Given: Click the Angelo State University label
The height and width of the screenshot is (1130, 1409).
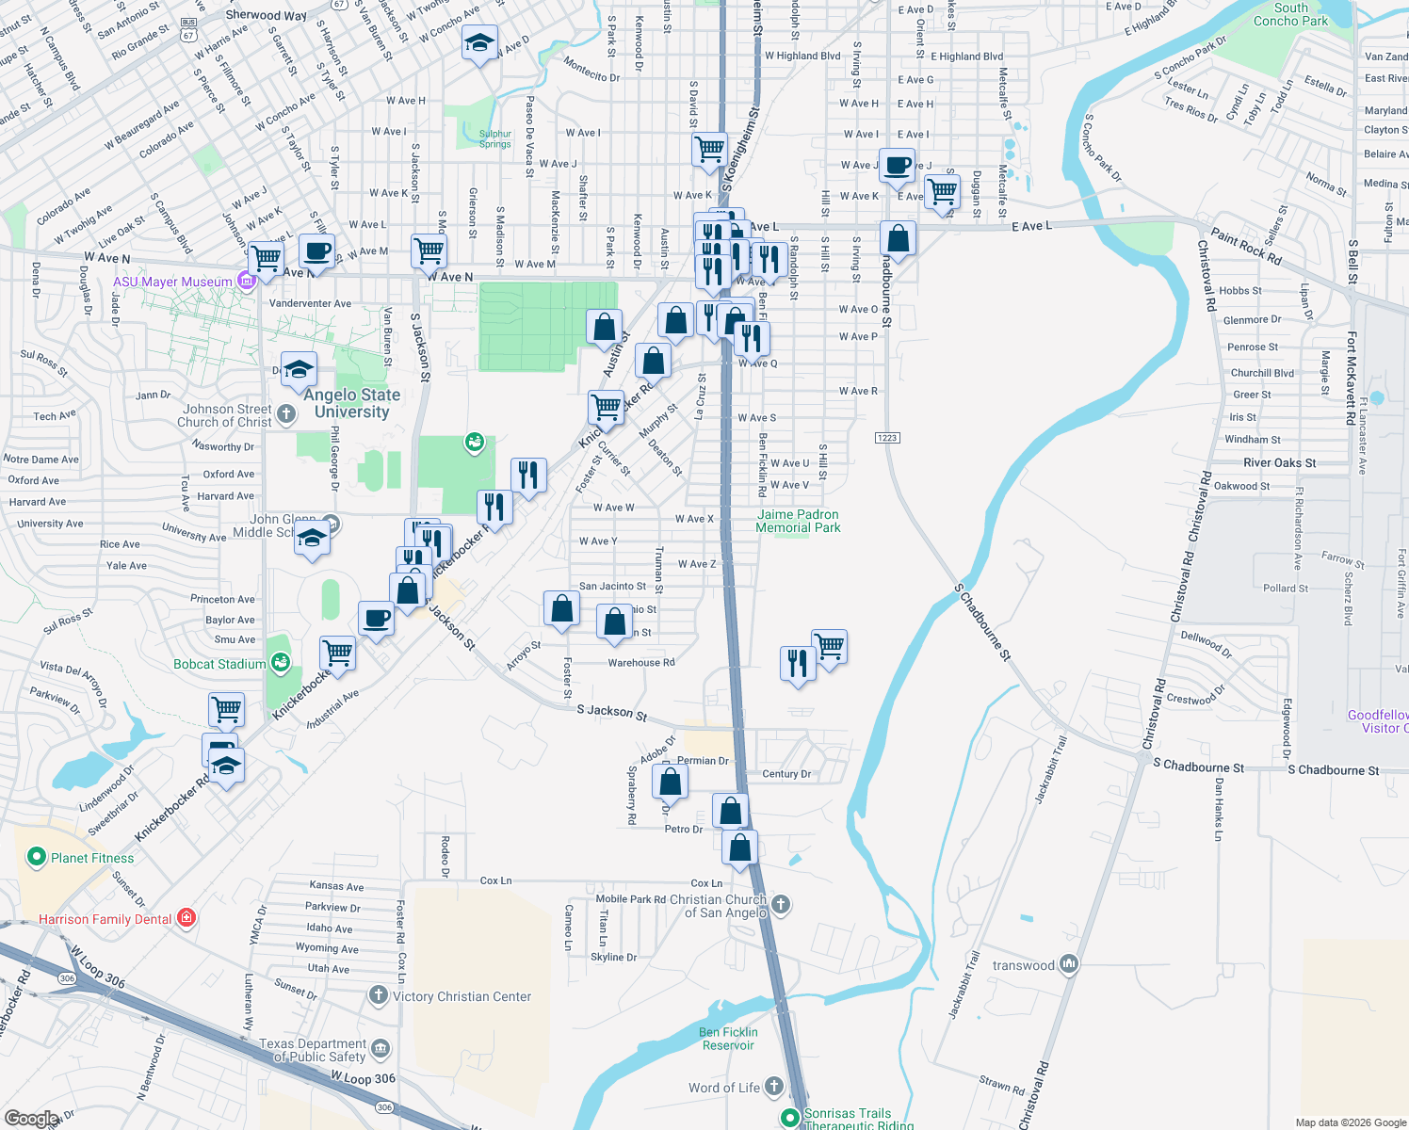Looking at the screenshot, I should point(351,403).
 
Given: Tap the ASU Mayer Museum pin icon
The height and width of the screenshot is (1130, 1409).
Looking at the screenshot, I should point(247,281).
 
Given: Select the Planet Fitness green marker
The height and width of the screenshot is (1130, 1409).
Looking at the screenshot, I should point(37,857).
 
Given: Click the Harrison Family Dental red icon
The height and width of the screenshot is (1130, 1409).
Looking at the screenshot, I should point(186,917).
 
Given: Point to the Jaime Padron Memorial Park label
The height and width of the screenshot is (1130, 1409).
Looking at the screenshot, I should point(798,521).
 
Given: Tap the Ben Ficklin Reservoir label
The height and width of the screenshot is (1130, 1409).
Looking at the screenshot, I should point(728,1039).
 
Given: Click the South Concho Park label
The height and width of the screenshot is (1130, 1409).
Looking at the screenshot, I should point(1290,14).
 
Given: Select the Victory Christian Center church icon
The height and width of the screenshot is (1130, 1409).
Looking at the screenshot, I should point(379,995).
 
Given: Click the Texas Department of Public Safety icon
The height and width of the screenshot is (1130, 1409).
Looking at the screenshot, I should point(381,1049).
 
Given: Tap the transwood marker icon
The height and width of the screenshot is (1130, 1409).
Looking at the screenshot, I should point(1068,964).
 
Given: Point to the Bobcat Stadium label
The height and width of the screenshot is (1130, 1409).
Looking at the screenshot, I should point(219,664).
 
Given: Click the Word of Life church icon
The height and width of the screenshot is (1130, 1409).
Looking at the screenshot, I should point(774,1087).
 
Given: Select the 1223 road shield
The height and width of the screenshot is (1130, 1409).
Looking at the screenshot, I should point(887,438).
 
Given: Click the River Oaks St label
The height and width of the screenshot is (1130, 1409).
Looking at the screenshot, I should point(1280,462).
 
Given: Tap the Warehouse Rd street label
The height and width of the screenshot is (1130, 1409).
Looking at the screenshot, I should point(641,663).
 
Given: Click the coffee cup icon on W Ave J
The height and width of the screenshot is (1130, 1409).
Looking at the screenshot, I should point(897,166).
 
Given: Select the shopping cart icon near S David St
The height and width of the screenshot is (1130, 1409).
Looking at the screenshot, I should point(709,149).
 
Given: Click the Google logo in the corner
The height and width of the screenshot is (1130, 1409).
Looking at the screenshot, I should point(31,1119).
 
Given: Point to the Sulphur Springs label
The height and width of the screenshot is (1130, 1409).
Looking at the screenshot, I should point(495,138).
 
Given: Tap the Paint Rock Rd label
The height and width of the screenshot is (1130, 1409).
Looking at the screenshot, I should point(1246,247).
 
